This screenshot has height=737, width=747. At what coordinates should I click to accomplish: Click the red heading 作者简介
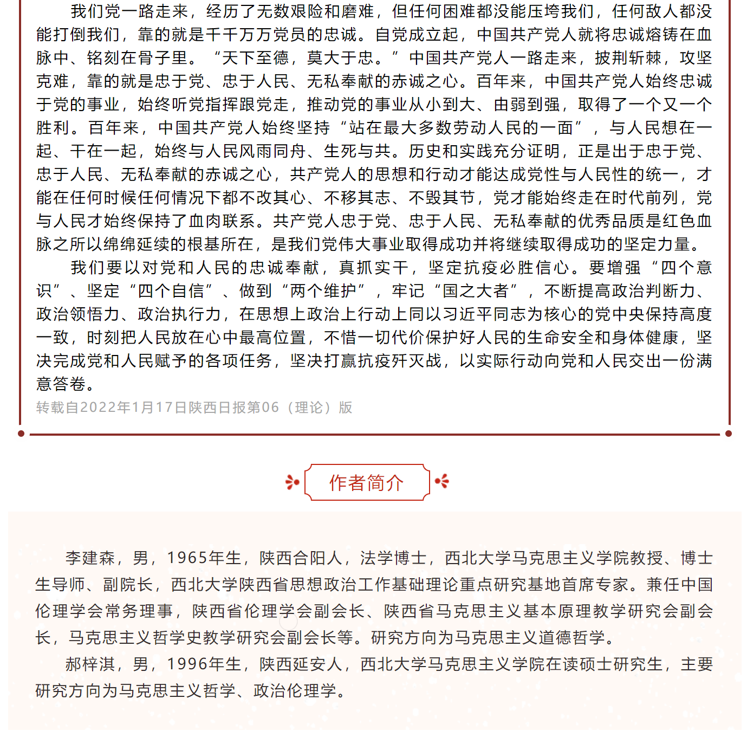click(x=367, y=482)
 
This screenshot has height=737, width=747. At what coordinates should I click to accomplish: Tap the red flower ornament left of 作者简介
click(x=292, y=482)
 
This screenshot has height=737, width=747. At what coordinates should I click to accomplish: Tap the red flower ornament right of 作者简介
click(x=442, y=481)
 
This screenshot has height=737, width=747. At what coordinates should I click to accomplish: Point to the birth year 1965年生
click(x=204, y=558)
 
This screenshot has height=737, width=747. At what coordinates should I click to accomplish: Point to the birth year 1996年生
click(x=204, y=664)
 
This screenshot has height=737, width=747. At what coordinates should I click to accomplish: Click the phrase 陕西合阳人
click(x=301, y=558)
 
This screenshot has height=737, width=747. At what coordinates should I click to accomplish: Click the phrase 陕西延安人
click(x=301, y=664)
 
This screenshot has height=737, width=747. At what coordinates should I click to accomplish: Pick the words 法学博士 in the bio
click(x=393, y=558)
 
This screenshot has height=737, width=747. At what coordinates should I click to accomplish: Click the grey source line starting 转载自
click(x=194, y=408)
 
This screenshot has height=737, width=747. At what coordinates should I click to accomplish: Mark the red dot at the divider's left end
click(x=21, y=434)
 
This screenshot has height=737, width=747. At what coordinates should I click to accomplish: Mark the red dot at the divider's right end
click(x=729, y=434)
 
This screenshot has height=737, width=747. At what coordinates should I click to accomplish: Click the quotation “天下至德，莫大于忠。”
click(x=306, y=58)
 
